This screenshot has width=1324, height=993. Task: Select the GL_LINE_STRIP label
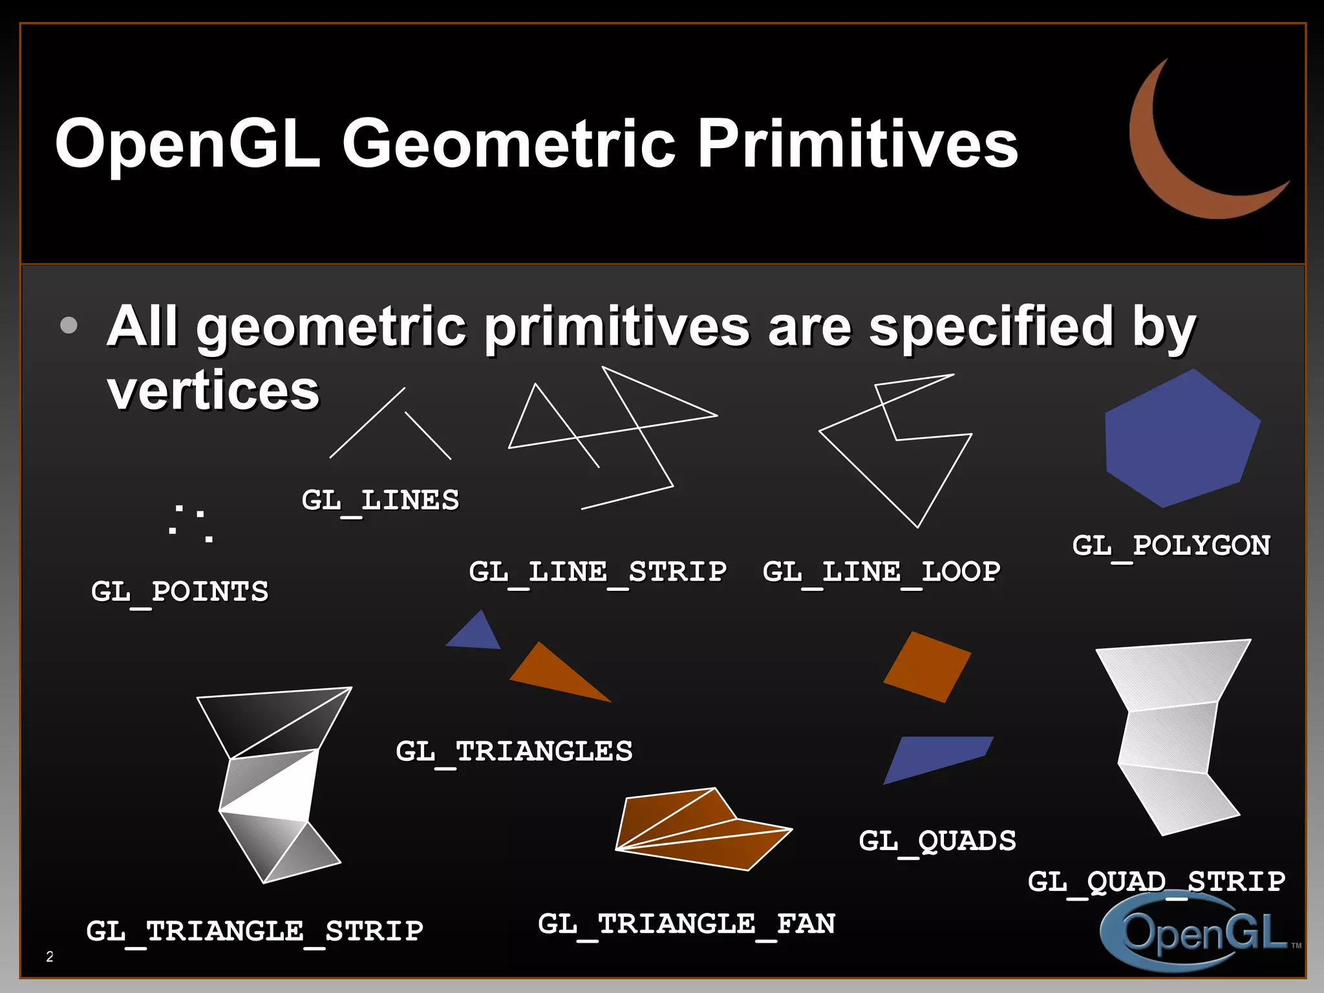click(x=597, y=572)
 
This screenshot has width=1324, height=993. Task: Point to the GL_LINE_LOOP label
click(x=881, y=572)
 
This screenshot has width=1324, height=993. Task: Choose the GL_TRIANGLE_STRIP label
click(x=255, y=932)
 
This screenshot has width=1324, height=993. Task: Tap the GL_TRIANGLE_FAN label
click(x=687, y=924)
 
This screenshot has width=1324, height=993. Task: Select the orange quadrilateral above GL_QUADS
click(x=926, y=667)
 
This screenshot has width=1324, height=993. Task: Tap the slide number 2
click(x=50, y=957)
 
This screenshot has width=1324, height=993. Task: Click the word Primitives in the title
click(x=857, y=144)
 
